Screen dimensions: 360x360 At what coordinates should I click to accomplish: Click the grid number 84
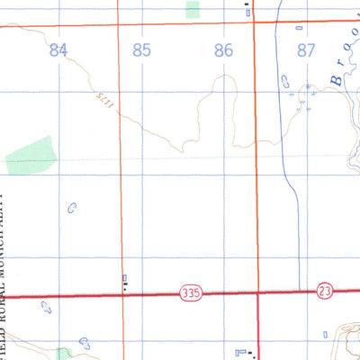coord(59,50)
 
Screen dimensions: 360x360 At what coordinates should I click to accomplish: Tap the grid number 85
coord(141,50)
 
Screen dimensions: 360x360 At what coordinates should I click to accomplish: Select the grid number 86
coord(224,50)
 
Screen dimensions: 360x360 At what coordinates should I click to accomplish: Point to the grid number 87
coord(306,50)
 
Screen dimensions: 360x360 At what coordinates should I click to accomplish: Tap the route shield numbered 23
coord(325,291)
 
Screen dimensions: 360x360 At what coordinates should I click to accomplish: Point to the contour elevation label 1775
coord(100,104)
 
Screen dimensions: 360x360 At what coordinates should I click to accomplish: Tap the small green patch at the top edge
coord(193,10)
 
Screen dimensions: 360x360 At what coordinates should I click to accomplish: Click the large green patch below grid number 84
coord(31,155)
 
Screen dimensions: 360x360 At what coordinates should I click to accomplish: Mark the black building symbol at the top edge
coord(248,10)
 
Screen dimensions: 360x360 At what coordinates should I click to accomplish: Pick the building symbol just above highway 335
coord(125,282)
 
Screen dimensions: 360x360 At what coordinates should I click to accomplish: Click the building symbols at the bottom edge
coord(243,352)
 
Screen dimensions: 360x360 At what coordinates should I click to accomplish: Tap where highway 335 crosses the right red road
coord(258,292)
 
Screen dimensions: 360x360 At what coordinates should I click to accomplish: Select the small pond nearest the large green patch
coord(72,208)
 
